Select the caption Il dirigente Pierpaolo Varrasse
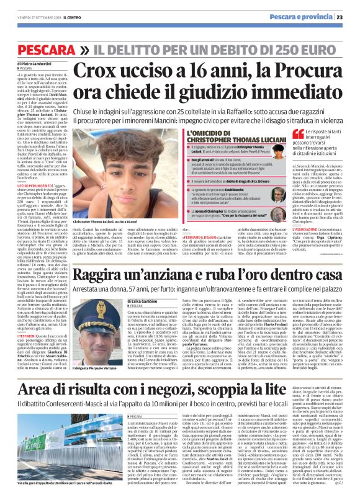click(99, 368)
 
